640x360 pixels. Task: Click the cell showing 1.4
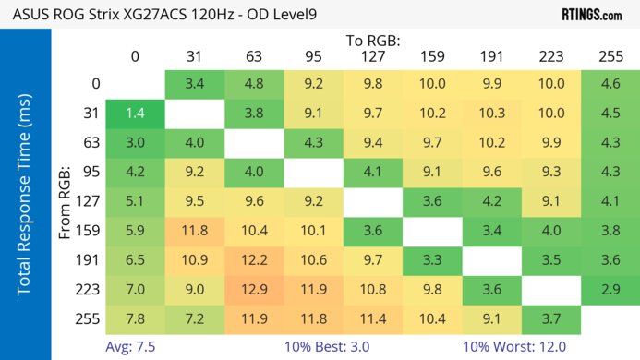tap(135, 114)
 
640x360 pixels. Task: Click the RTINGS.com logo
tap(592, 15)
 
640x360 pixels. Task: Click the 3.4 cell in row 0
tap(195, 84)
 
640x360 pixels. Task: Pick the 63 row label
tap(92, 143)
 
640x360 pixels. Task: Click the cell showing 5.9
tap(135, 232)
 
